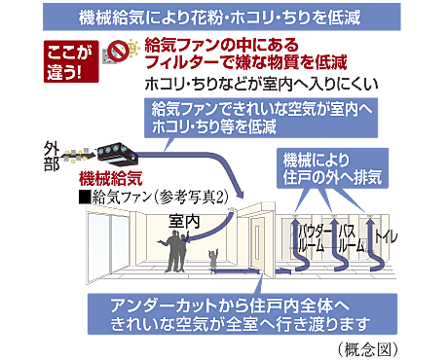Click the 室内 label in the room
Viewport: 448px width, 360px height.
click(x=185, y=223)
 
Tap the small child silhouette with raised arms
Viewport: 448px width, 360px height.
click(x=214, y=261)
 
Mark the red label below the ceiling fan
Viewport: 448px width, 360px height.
click(x=107, y=179)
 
